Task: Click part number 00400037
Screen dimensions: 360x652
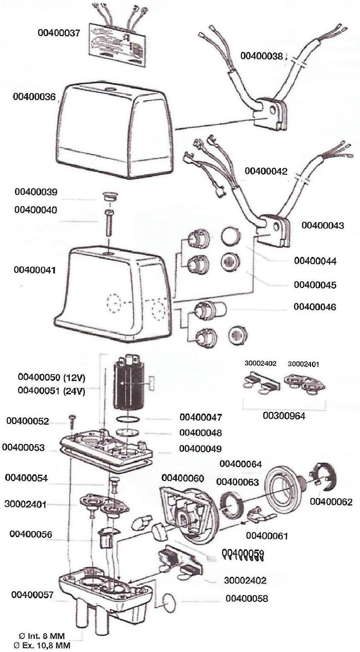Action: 59,33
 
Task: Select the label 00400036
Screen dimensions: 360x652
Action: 34,97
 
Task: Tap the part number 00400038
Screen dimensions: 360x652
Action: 262,56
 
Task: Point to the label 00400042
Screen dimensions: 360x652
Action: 266,171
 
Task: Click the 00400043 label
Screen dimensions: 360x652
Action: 323,225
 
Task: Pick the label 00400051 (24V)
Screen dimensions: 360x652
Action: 52,391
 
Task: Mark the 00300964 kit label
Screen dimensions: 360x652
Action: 284,416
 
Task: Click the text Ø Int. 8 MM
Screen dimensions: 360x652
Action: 43,636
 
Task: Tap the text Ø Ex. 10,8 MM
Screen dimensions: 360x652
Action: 42,645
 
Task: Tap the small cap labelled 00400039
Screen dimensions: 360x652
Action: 109,197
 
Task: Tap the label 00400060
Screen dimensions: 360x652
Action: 183,478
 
